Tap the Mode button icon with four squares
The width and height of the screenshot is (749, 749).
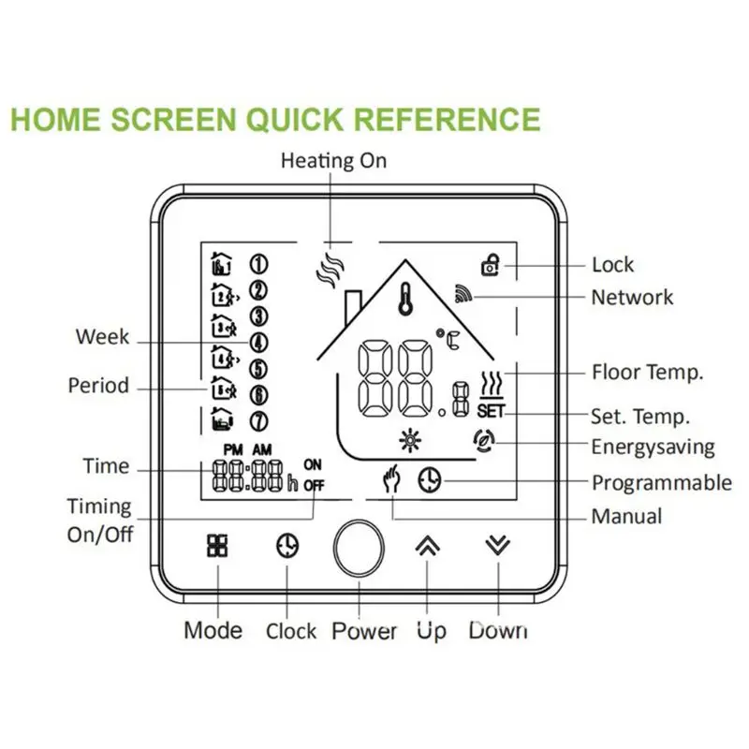(217, 546)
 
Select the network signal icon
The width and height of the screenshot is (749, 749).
(464, 296)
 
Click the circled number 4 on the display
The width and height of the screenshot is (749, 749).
(259, 344)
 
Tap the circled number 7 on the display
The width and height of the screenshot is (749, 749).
(259, 421)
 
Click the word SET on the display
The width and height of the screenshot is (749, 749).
(490, 410)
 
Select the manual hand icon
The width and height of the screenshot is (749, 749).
(391, 481)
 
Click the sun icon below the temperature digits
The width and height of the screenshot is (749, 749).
(406, 440)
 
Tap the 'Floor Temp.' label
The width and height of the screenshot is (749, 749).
(647, 372)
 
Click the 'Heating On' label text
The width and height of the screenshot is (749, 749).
(333, 161)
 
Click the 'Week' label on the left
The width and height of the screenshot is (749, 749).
(102, 336)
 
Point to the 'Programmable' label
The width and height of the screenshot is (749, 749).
(661, 483)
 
